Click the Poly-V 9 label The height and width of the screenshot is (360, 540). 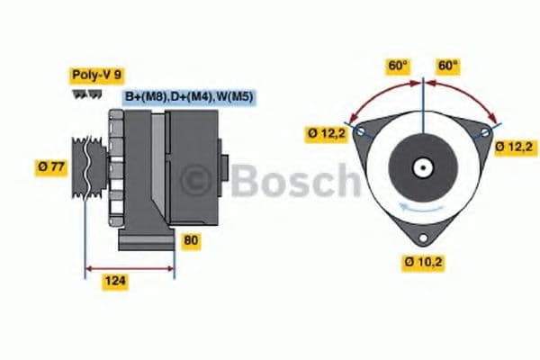tap(95, 75)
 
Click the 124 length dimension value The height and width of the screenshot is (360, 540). tap(114, 282)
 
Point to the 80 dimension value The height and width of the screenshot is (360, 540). tap(191, 240)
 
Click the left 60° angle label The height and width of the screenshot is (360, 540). tap(397, 66)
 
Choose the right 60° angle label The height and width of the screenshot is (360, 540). tap(448, 66)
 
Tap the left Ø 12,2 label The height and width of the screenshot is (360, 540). tap(326, 134)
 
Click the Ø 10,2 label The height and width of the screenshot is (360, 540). tap(422, 263)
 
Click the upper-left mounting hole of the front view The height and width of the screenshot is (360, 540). tap(361, 132)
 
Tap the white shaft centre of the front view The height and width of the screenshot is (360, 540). tap(422, 167)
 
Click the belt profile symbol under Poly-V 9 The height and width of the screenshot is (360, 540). tap(87, 94)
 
